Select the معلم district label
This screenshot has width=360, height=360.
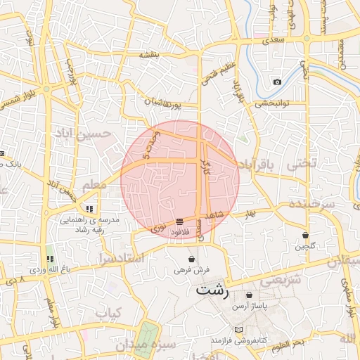click(x=94, y=184)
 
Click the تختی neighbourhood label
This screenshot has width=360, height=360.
click(x=301, y=163)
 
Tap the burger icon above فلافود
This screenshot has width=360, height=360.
click(x=181, y=221)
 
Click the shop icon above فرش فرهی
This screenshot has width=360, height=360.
click(x=192, y=259)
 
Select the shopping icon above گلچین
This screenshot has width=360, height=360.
click(x=306, y=236)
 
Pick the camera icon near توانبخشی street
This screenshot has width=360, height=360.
click(x=277, y=82)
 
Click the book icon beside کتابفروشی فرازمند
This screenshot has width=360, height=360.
click(x=238, y=330)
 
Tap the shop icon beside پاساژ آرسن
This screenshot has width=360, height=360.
click(x=251, y=295)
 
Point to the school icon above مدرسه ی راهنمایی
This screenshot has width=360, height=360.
click(x=89, y=209)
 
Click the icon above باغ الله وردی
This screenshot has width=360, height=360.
click(x=49, y=259)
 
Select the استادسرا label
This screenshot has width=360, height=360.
click(x=122, y=257)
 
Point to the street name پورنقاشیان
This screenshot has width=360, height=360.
click(x=164, y=103)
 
